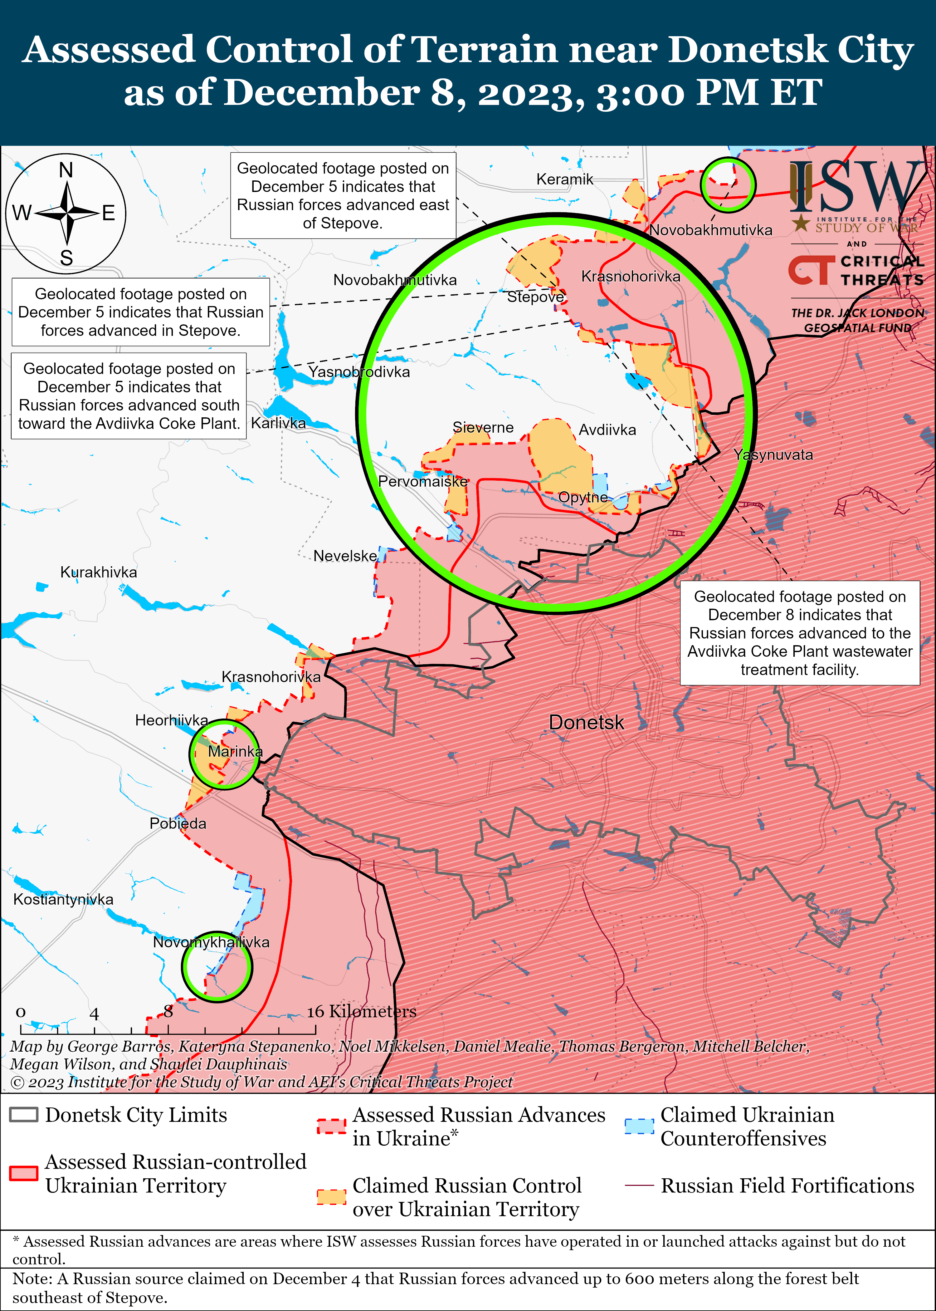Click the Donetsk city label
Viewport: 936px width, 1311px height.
click(586, 722)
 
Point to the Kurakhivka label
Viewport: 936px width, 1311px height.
click(99, 572)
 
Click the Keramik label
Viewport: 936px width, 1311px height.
click(564, 179)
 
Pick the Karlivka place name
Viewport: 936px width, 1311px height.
click(278, 423)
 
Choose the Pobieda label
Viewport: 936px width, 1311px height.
click(178, 823)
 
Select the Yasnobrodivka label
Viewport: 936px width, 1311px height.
click(359, 372)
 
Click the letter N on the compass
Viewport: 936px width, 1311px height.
click(66, 171)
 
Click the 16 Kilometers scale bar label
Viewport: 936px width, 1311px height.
click(361, 1011)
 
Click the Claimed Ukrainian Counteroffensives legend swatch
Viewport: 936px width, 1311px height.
click(639, 1127)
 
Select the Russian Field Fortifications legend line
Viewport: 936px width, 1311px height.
click(639, 1185)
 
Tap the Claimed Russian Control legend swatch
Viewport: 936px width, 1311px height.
click(331, 1197)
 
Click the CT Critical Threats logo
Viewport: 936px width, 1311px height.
click(856, 270)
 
